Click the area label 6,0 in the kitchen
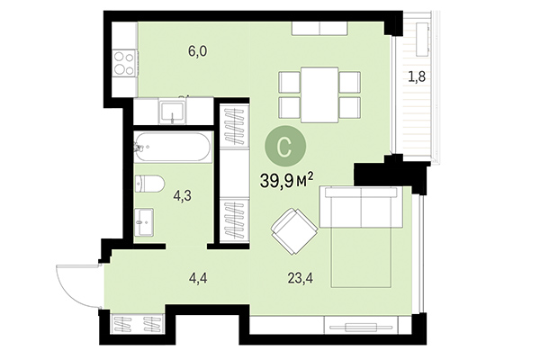click(x=197, y=51)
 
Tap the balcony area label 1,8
click(x=417, y=76)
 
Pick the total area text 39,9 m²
click(x=286, y=181)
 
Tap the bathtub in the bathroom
click(x=173, y=146)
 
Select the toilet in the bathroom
click(x=148, y=184)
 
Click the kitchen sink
click(x=173, y=112)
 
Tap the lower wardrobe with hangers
click(x=234, y=220)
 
